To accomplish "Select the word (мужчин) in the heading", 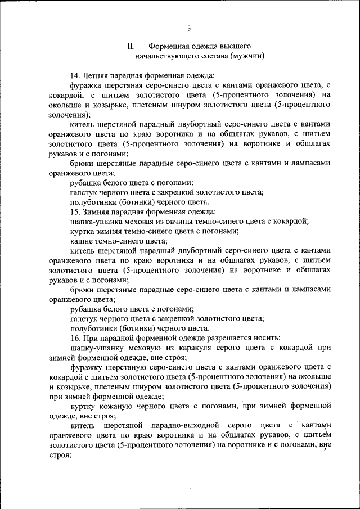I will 247,56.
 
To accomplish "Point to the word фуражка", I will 86,85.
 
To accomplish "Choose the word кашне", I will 82,241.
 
